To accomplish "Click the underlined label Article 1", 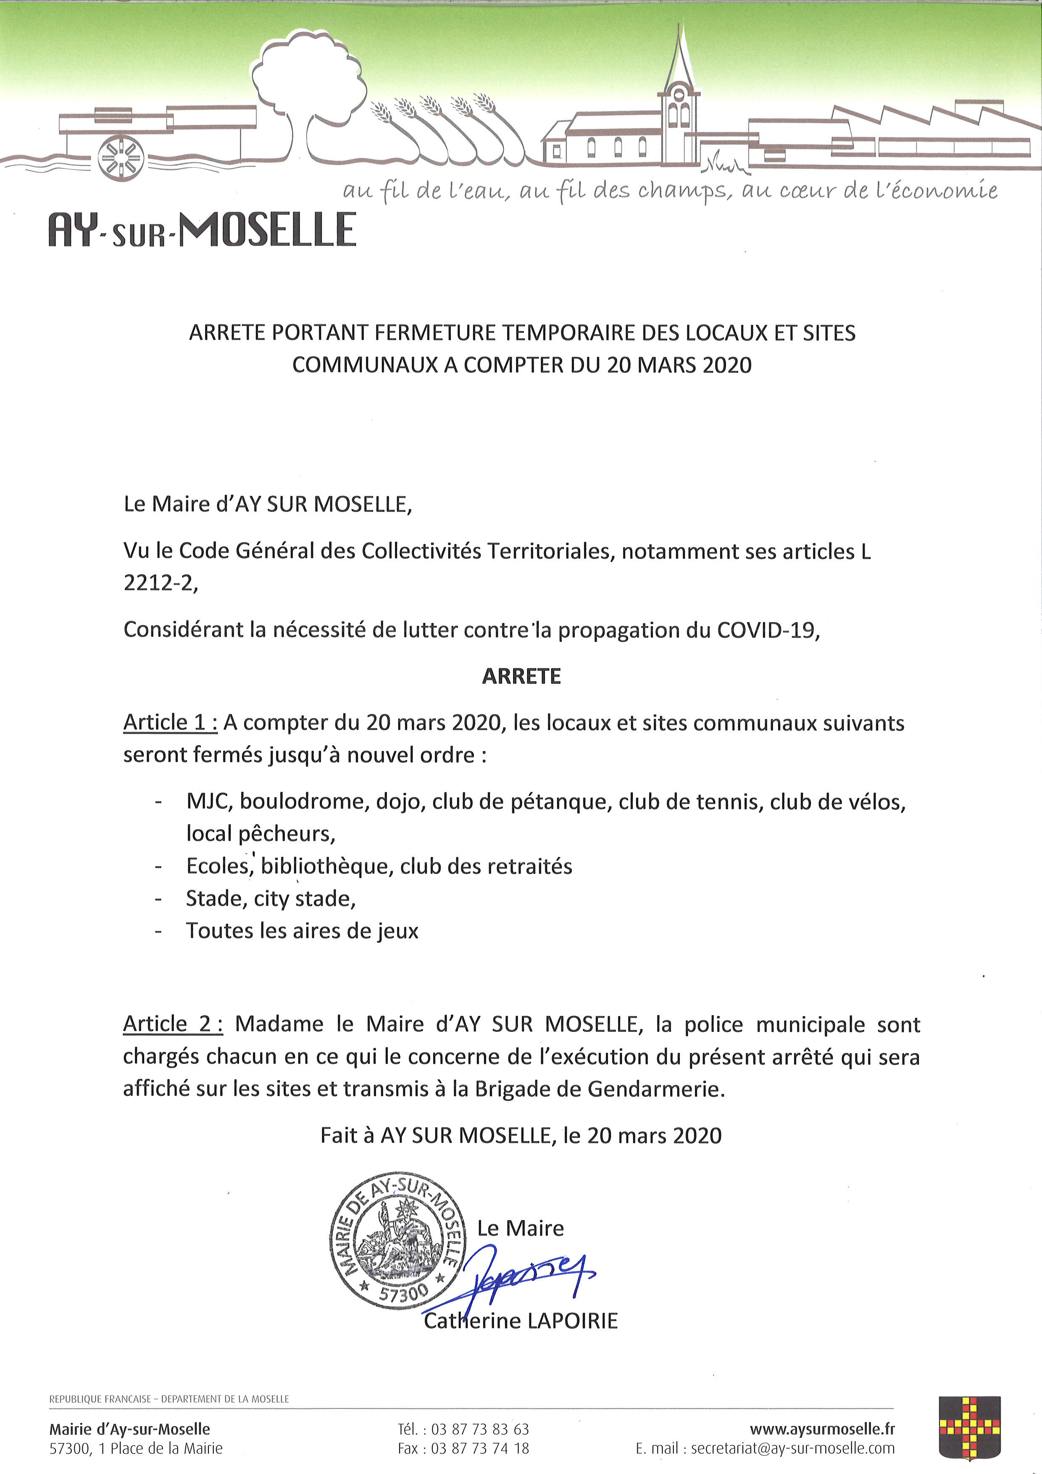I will pyautogui.click(x=170, y=723).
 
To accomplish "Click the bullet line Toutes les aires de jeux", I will pyautogui.click(x=302, y=931).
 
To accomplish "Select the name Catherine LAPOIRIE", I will pyautogui.click(x=520, y=1321).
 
